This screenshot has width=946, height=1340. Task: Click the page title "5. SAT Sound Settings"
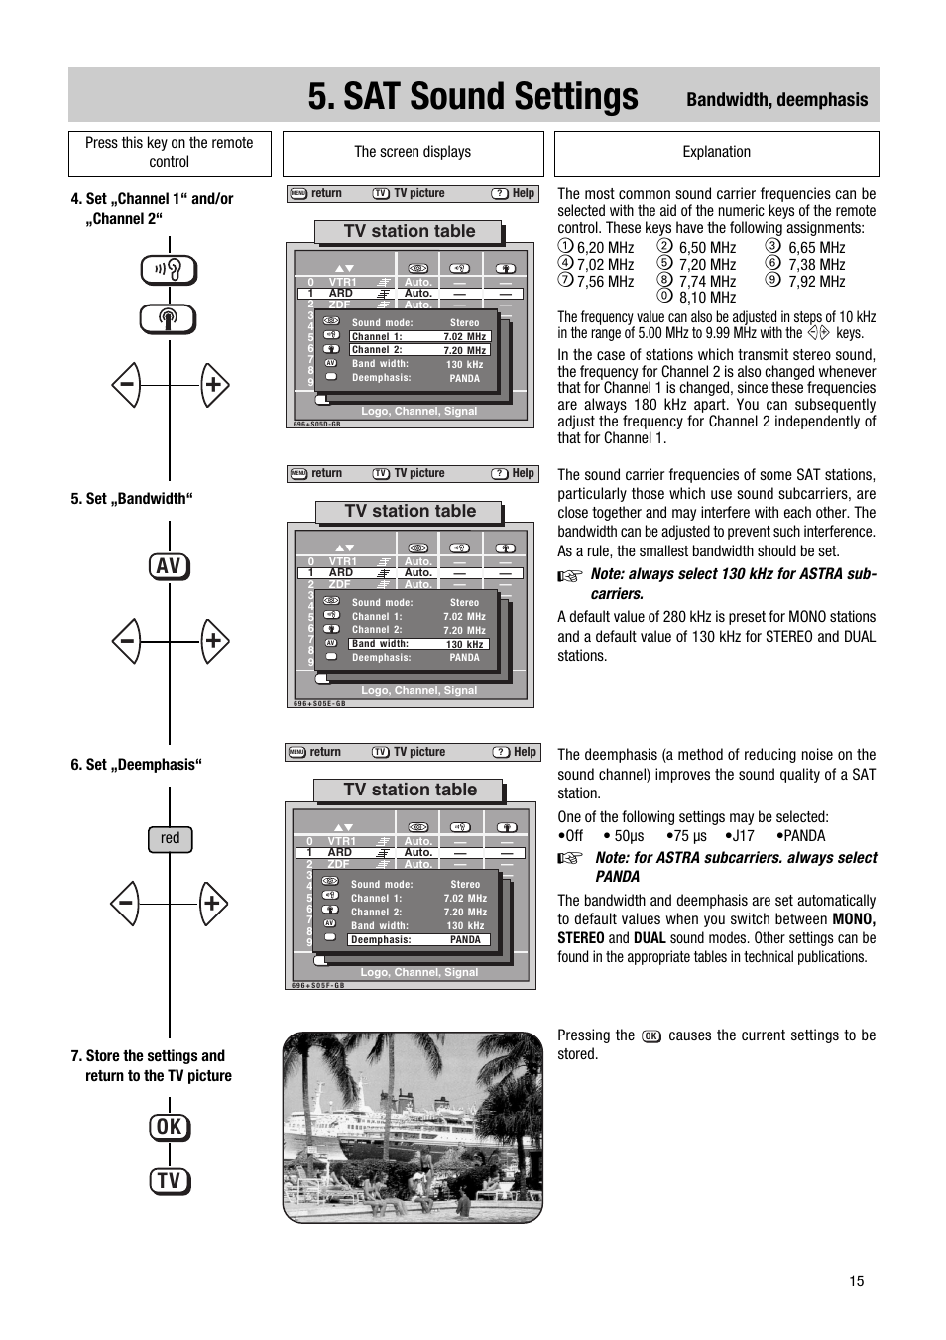coord(473,97)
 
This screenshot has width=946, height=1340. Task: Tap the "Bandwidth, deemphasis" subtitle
coord(776,99)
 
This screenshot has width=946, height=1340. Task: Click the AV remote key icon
coord(170,566)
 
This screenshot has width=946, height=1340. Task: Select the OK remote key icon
coord(170,1127)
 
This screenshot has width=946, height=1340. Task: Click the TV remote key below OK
coord(170,1181)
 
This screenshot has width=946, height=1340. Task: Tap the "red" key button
coord(171,839)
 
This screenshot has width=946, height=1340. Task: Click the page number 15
coord(856,1280)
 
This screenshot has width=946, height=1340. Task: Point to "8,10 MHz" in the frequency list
coord(707,298)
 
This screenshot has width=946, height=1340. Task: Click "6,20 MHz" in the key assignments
coord(605,248)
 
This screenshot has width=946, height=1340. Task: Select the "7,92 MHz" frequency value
coord(816,282)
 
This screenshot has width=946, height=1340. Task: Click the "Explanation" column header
coord(716,153)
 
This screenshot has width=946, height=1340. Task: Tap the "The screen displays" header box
coord(413,153)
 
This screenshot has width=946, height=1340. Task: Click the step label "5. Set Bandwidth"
coord(131,499)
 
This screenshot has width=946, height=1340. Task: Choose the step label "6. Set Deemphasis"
coord(136,765)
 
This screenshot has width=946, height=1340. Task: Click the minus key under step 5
coord(126,641)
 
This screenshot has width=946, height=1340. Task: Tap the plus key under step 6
coord(212,904)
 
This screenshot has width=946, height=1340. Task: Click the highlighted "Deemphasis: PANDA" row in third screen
coord(418,940)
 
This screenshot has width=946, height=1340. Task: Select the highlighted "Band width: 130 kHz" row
coord(418,644)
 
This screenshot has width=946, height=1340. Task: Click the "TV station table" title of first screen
coord(410,232)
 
